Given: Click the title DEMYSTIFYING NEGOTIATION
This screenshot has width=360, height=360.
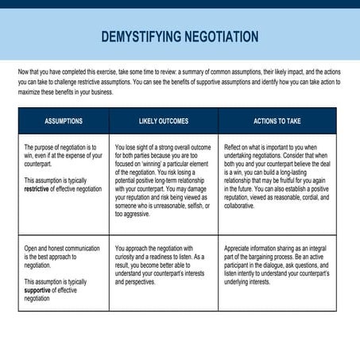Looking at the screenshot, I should (x=180, y=37).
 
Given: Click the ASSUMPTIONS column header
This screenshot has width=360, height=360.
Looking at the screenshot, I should (x=64, y=121).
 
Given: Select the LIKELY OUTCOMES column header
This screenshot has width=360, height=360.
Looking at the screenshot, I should (x=164, y=121).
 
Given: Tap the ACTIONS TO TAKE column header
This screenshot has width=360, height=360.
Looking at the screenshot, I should (x=277, y=121).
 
